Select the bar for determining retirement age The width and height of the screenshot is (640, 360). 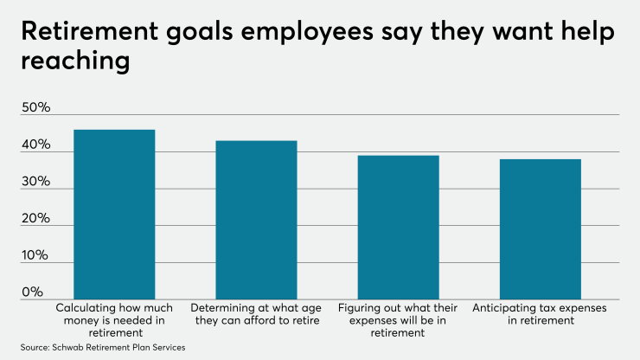pos(256,220)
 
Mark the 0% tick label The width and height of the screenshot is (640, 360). pos(34,292)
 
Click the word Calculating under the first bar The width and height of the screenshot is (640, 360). pos(85,308)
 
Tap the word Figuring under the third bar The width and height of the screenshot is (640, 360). pos(361,308)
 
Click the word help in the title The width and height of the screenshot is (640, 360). pos(590,33)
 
